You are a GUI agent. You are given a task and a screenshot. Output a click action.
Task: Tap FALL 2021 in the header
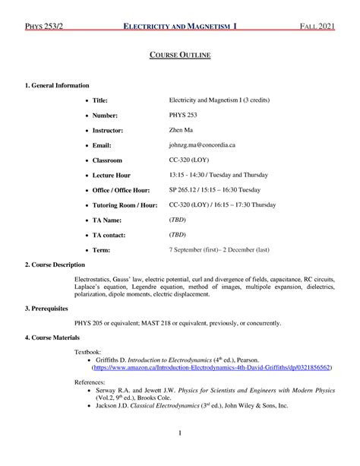coord(313,27)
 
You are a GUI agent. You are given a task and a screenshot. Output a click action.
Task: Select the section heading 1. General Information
coord(57,85)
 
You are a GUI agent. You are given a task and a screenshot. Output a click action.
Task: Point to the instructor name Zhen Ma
coord(181,130)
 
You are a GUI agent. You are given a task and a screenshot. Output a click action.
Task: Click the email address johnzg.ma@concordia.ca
coord(202,144)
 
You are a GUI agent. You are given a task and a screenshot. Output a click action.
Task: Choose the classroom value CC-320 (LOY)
coord(191,160)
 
